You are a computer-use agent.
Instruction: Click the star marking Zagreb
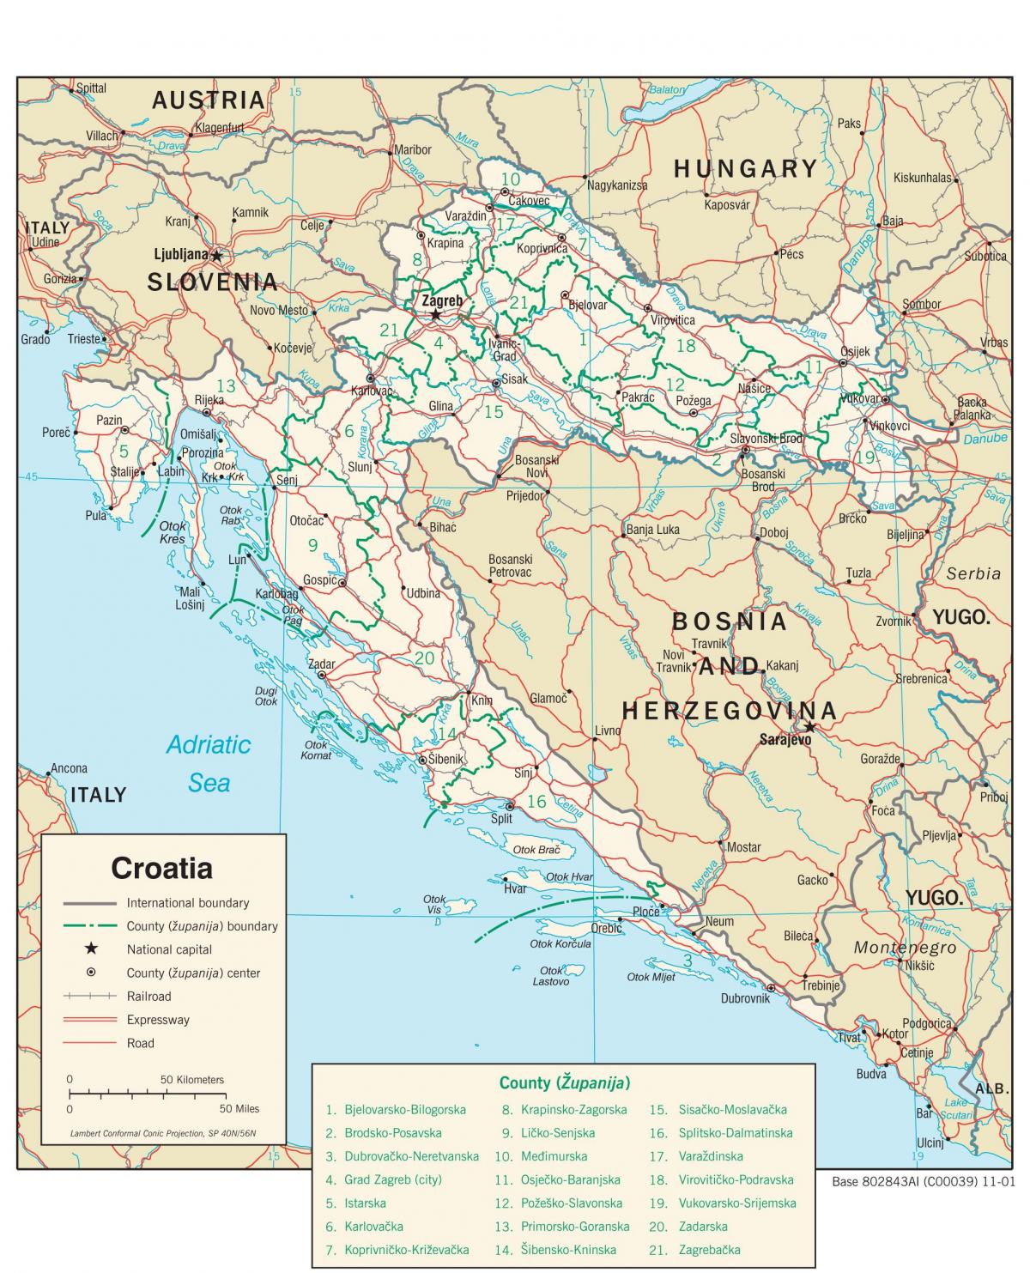pyautogui.click(x=435, y=315)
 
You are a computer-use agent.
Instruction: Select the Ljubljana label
pyautogui.click(x=181, y=255)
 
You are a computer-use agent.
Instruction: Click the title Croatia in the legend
pyautogui.click(x=161, y=868)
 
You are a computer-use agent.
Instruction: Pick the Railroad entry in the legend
pyautogui.click(x=148, y=997)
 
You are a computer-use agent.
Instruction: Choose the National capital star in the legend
pyautogui.click(x=89, y=949)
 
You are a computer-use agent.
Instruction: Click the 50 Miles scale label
pyautogui.click(x=239, y=1108)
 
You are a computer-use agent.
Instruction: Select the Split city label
pyautogui.click(x=501, y=819)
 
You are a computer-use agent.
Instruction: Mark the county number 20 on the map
pyautogui.click(x=424, y=658)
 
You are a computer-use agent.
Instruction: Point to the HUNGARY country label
pyautogui.click(x=745, y=169)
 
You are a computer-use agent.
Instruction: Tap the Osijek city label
pyautogui.click(x=855, y=351)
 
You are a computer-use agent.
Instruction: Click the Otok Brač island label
pyautogui.click(x=536, y=850)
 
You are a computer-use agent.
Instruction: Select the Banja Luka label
pyautogui.click(x=652, y=530)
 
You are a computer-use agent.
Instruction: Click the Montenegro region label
pyautogui.click(x=905, y=948)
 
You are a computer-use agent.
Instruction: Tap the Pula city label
pyautogui.click(x=95, y=515)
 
